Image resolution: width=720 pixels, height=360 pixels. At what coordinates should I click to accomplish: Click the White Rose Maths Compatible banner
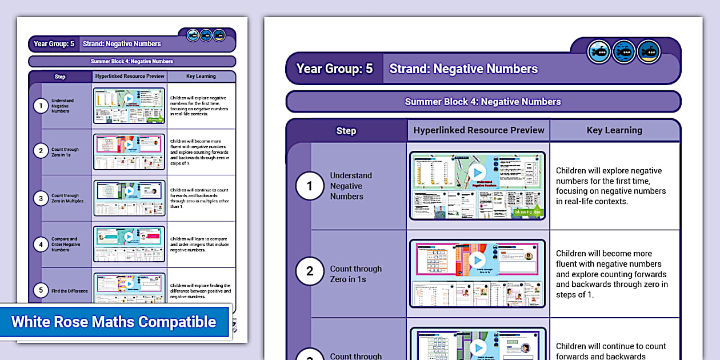[x=114, y=322]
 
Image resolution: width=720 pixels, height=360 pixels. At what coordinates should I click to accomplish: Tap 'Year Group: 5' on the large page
[x=334, y=69]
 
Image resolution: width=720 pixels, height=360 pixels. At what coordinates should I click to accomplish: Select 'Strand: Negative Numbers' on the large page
[x=463, y=69]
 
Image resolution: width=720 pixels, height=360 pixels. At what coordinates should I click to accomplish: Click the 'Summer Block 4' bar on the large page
[x=483, y=102]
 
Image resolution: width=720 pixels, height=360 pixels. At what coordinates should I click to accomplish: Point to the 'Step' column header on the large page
[x=346, y=131]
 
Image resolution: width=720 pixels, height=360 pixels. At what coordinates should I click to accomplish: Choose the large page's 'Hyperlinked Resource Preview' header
[x=479, y=130]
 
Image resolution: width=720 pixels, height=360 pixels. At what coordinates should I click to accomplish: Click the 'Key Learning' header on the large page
[x=614, y=130]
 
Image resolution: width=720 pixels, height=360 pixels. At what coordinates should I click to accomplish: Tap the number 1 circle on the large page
[x=310, y=186]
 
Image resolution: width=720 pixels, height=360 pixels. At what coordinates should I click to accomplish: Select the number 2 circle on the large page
[x=310, y=271]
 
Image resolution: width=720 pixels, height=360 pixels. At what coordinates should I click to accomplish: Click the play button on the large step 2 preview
[x=477, y=260]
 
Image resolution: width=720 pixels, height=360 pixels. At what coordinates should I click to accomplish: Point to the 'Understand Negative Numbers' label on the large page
[x=351, y=186]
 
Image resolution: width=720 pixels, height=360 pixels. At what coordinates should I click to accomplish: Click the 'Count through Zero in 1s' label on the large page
[x=355, y=274]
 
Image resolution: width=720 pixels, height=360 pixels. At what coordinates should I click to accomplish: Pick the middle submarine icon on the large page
[x=624, y=52]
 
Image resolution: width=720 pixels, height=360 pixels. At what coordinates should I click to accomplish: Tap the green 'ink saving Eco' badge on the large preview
[x=529, y=212]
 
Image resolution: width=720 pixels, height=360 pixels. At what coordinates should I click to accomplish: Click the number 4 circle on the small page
[x=41, y=245]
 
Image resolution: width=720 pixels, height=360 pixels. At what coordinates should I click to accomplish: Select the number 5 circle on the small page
[x=41, y=291]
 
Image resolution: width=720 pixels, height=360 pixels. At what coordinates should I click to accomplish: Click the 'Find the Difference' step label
[x=70, y=291]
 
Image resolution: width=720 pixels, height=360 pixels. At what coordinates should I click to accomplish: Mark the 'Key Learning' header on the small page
[x=201, y=77]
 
